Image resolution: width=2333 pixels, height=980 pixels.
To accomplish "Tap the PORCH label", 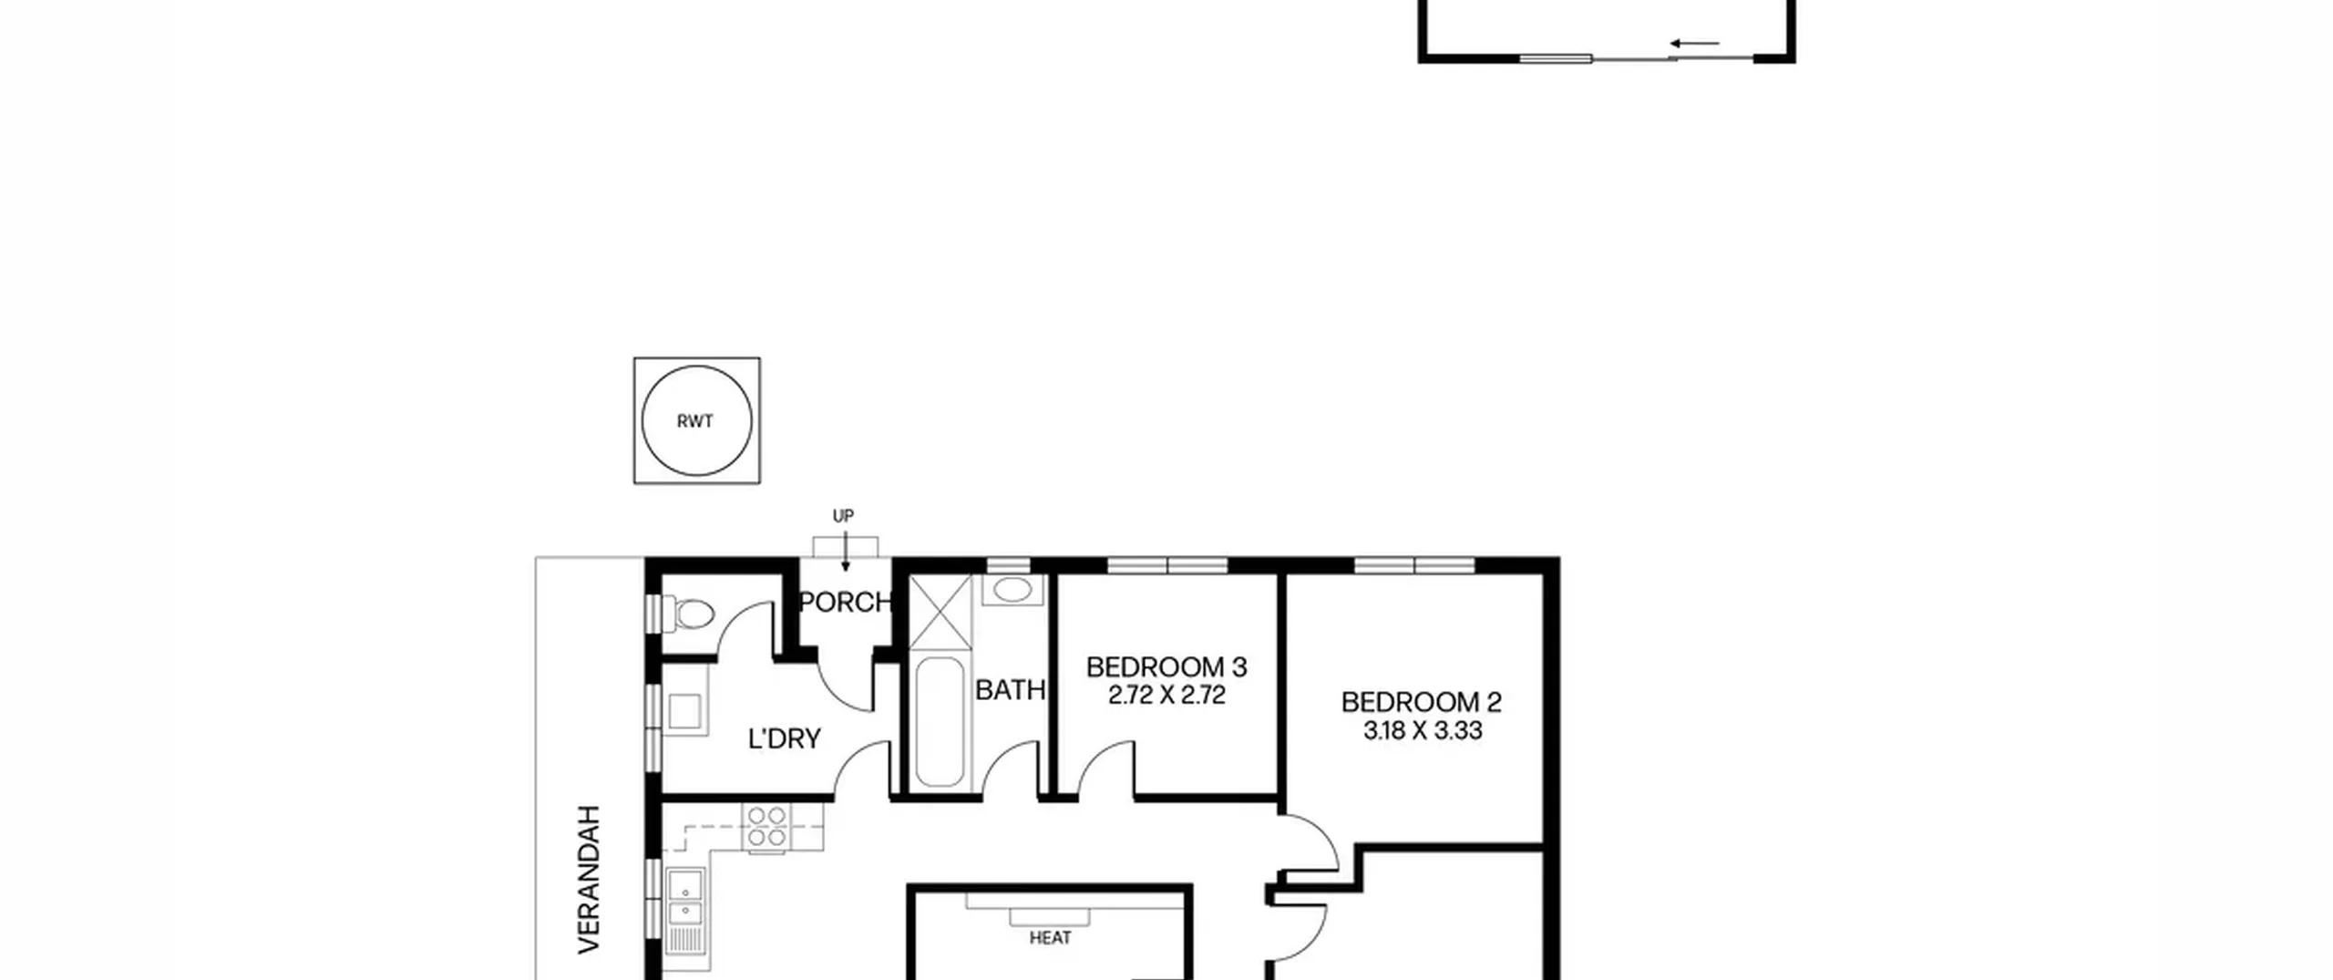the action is [845, 603].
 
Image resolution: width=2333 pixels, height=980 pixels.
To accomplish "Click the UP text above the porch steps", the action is [843, 516].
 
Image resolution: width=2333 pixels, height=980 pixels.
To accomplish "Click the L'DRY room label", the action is [784, 738].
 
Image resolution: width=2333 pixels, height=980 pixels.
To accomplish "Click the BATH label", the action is [1010, 690].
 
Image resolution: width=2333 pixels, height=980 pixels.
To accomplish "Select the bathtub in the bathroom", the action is [939, 721].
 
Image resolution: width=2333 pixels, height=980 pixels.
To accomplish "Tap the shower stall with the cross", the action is [941, 611].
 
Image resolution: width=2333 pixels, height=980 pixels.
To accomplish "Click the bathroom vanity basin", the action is [1012, 590].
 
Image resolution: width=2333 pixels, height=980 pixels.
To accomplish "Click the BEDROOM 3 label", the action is [1166, 667].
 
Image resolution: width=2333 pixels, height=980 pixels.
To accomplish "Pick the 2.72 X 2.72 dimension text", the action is [1166, 696].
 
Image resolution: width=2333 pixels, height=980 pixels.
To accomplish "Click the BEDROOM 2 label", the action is [1421, 702].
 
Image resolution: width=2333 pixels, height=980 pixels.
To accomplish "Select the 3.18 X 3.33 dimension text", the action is [1423, 731].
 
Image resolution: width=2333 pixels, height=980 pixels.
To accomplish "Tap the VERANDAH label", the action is [591, 880].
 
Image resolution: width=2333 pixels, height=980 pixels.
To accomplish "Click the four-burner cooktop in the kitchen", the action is [766, 827].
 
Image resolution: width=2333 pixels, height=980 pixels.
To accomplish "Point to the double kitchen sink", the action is [684, 899].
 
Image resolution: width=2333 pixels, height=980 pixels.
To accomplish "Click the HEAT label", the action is [1050, 938].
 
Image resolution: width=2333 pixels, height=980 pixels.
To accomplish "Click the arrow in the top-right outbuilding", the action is [1694, 43].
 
